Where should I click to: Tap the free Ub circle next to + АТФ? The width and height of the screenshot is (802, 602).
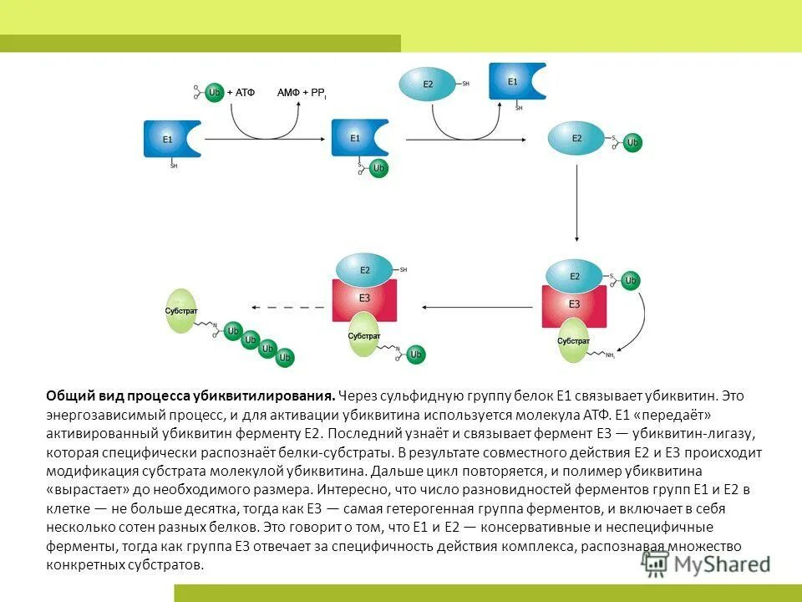point(215,92)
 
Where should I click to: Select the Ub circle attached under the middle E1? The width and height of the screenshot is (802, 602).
point(378,168)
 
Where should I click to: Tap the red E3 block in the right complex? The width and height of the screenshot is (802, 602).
point(574,304)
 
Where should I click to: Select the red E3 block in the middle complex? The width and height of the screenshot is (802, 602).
point(364,297)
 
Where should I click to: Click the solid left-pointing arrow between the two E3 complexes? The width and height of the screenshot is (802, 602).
point(477,307)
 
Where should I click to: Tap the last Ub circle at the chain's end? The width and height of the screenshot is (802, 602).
point(286,358)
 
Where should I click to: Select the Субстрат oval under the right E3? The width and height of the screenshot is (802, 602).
point(574,340)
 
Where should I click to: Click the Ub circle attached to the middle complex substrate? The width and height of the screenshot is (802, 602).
point(416,355)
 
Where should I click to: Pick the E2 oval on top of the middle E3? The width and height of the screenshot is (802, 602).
point(365,269)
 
